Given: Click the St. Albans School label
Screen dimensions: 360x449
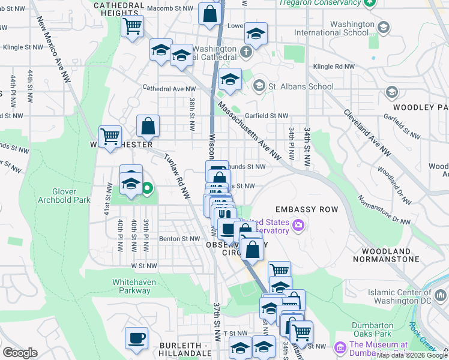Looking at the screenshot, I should tap(301, 86).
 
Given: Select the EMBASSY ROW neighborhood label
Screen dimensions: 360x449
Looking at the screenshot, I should tap(306, 209).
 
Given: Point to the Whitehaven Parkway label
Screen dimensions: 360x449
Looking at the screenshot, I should tap(131, 286).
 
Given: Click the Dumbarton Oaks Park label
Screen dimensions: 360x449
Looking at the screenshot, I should tap(372, 329).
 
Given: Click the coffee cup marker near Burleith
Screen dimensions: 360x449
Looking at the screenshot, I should tap(136, 337).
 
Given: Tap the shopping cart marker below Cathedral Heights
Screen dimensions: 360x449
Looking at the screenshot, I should tap(132, 26).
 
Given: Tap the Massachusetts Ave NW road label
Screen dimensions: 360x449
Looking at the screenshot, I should tap(249, 130).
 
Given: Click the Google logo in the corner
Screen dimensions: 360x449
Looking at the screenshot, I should tap(20, 352).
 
